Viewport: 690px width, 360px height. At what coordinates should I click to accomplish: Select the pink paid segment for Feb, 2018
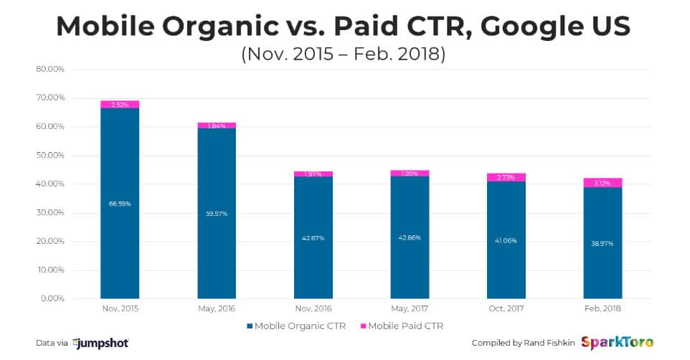coord(603,183)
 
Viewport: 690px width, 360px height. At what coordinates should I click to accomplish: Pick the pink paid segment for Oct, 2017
coord(506,177)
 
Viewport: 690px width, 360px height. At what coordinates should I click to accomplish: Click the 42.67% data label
coord(313,237)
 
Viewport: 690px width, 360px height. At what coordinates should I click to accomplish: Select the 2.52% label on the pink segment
coord(120,105)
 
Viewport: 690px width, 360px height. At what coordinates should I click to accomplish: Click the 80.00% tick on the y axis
coord(50,69)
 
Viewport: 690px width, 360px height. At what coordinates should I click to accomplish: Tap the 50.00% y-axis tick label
coord(50,155)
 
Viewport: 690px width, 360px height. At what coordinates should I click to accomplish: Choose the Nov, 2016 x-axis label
coord(313,308)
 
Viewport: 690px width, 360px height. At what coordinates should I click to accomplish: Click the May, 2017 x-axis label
coord(410,308)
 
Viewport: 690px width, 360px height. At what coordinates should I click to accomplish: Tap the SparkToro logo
coord(618,342)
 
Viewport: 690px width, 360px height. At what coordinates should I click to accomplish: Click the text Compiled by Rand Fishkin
coord(523,343)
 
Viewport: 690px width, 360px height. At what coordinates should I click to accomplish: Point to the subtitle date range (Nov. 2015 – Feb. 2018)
coord(344,54)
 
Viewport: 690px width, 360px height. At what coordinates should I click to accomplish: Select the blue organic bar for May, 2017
coord(410,237)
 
